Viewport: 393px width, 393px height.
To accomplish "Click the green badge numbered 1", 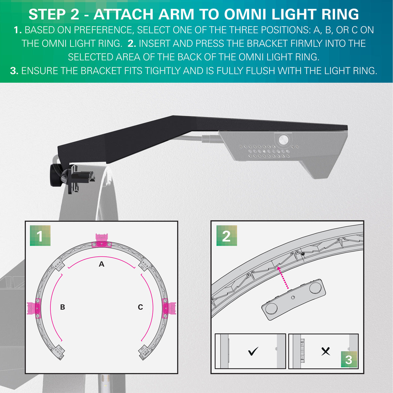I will click(x=40, y=236).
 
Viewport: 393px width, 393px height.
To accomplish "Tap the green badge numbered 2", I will click(x=226, y=236).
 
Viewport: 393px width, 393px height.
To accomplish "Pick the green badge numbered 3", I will click(x=349, y=360).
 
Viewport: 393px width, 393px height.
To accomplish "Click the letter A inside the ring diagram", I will click(x=102, y=264).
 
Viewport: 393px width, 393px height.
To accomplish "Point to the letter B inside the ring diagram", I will click(x=63, y=307).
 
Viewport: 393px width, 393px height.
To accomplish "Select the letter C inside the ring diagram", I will click(x=140, y=307).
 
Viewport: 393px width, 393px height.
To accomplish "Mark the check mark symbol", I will click(x=253, y=351).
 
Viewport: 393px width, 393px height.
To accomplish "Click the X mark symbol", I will click(x=326, y=351).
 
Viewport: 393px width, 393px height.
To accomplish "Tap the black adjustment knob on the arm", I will click(x=56, y=176).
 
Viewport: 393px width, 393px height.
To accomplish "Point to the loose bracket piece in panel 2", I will click(x=293, y=300).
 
